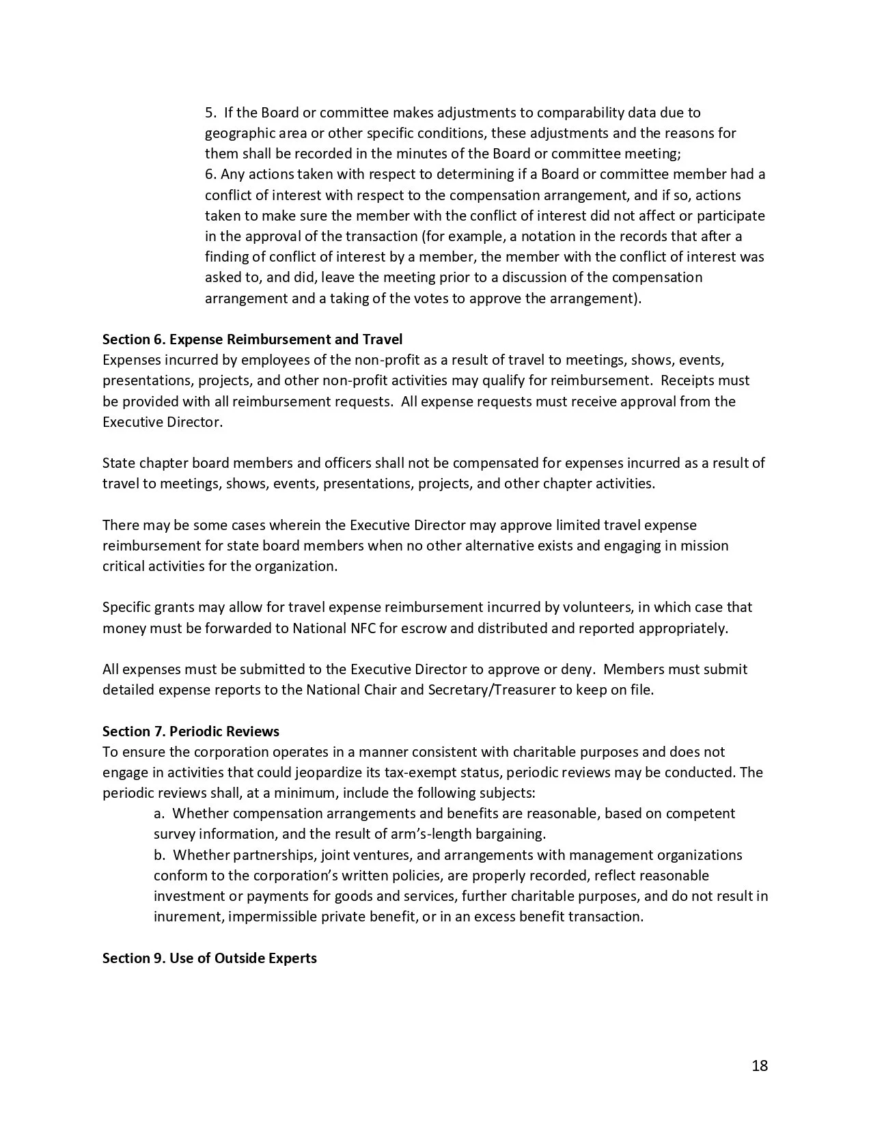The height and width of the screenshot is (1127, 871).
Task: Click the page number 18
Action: tap(760, 1066)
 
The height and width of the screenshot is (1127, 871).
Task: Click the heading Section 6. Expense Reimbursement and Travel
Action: tap(252, 339)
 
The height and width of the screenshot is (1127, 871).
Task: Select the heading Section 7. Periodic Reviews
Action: tap(191, 732)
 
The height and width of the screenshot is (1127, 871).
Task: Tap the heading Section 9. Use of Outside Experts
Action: tap(209, 958)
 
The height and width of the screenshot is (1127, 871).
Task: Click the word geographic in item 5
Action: tap(237, 133)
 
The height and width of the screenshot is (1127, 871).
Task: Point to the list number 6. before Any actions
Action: tap(210, 174)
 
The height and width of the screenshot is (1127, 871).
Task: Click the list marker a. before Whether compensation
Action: tap(159, 813)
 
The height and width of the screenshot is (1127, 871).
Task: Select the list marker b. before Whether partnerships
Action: tap(159, 855)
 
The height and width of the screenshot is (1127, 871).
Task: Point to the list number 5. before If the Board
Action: tap(210, 113)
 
